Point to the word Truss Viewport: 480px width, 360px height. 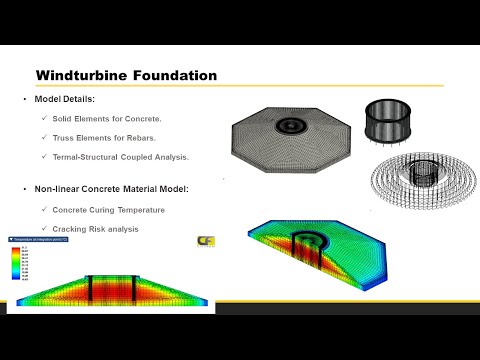(63, 139)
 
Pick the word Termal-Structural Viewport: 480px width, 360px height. (88, 159)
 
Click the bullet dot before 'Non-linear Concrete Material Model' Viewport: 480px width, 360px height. (26, 189)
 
